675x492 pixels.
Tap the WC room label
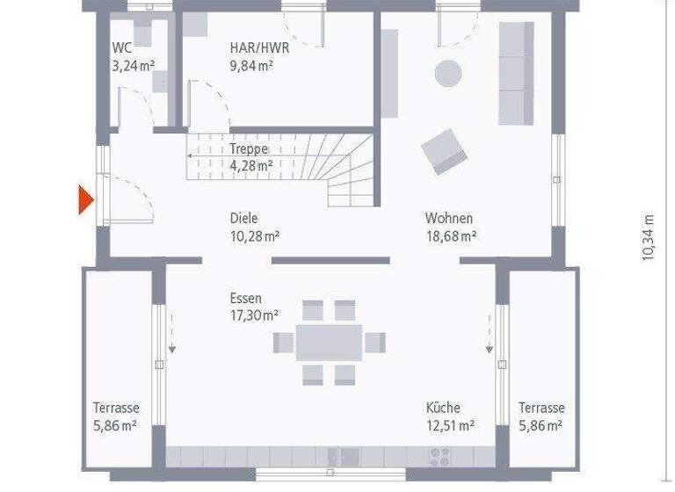tap(122, 48)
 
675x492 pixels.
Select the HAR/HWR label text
tap(259, 48)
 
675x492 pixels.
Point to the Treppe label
tap(249, 149)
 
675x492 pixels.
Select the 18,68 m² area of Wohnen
tap(450, 235)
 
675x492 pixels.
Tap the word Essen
tap(246, 299)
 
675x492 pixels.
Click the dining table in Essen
tap(329, 343)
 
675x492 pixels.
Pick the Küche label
tap(443, 408)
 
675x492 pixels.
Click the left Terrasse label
tap(116, 408)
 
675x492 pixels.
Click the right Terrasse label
tap(541, 408)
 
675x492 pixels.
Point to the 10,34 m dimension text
tap(649, 237)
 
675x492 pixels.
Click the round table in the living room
tap(448, 72)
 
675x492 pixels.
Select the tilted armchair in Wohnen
tap(444, 151)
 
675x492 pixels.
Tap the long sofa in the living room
tap(516, 73)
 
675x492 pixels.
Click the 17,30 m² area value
tap(254, 315)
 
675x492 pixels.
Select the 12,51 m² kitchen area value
tap(450, 425)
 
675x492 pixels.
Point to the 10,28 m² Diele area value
tap(254, 235)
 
